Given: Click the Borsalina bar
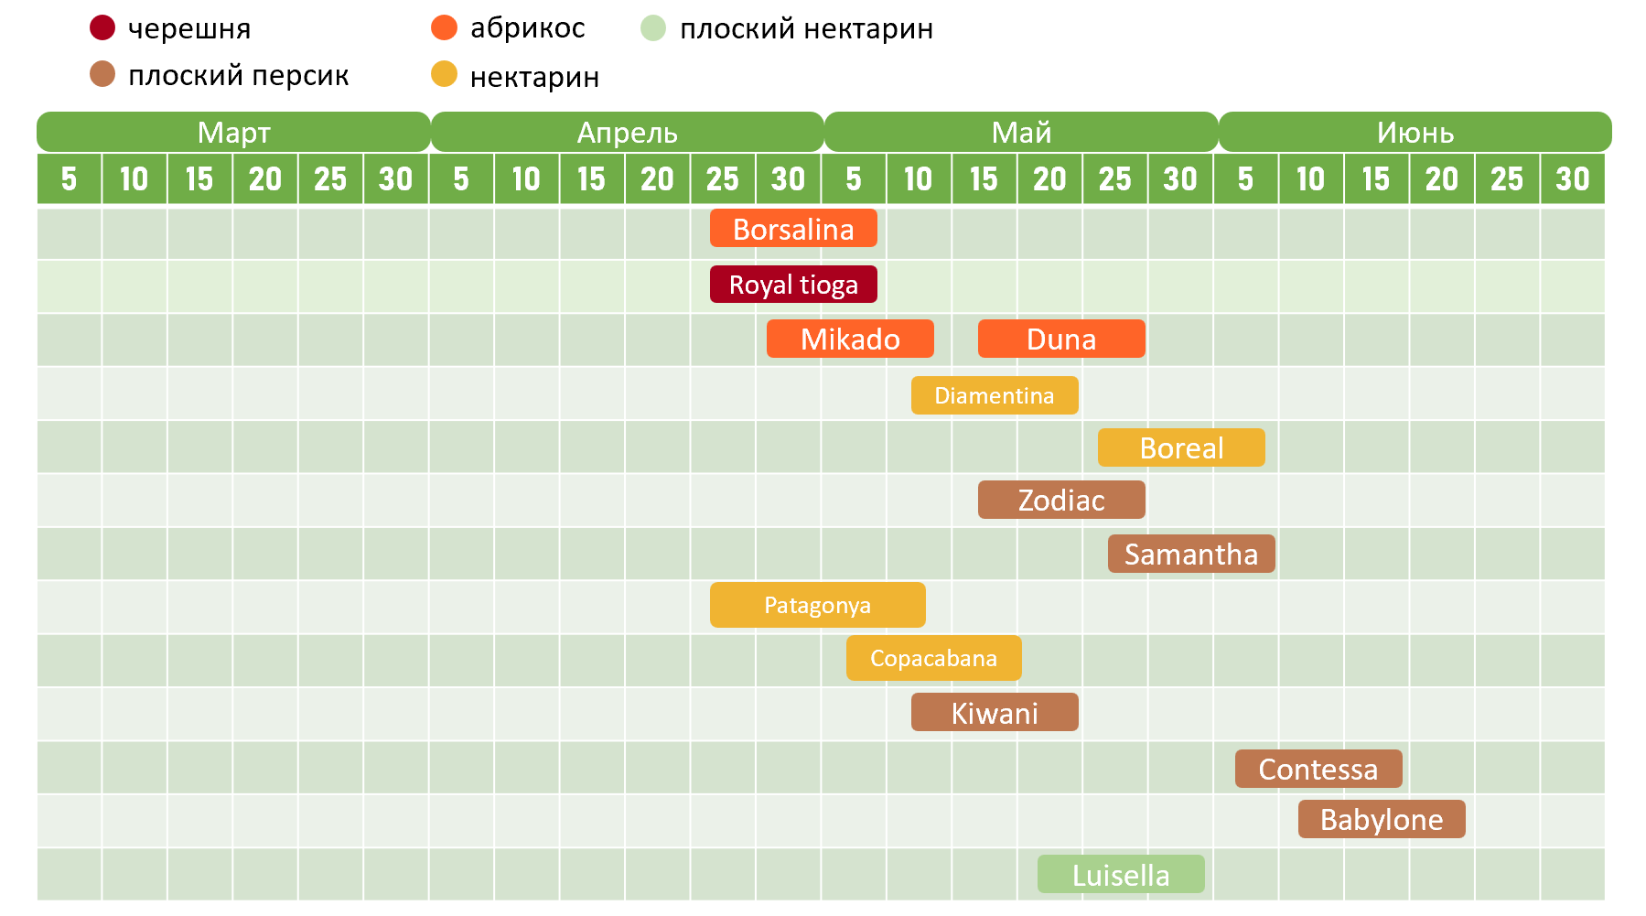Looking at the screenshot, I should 793,229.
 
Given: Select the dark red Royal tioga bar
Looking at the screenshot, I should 793,285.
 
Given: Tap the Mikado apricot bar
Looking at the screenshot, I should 850,339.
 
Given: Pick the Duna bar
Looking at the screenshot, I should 1061,339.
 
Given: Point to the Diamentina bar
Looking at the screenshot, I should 995,395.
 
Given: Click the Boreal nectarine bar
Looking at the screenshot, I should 1181,447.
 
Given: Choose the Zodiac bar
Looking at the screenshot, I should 1061,500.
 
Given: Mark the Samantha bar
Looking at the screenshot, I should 1191,554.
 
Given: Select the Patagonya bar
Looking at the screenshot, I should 817,605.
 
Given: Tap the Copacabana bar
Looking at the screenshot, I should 933,658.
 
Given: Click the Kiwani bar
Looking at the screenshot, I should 995,712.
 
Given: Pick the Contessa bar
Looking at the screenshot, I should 1318,769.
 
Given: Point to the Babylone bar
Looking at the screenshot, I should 1382,819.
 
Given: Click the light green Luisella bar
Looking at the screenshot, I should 1121,875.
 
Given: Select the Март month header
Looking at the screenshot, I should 233,133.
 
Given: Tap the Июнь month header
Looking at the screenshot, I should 1415,133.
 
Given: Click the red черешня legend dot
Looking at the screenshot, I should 102,28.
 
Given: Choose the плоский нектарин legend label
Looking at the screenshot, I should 806,29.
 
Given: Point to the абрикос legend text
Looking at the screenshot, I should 527,28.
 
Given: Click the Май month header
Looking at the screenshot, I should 1021,133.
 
